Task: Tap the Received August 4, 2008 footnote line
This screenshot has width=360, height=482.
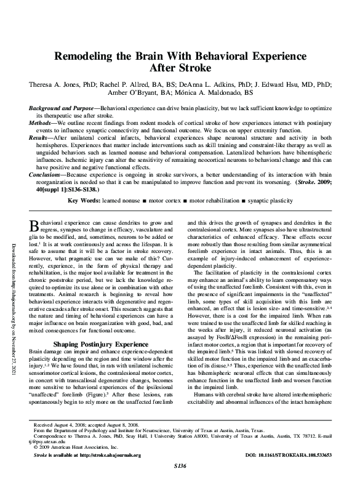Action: (x=78, y=425)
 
